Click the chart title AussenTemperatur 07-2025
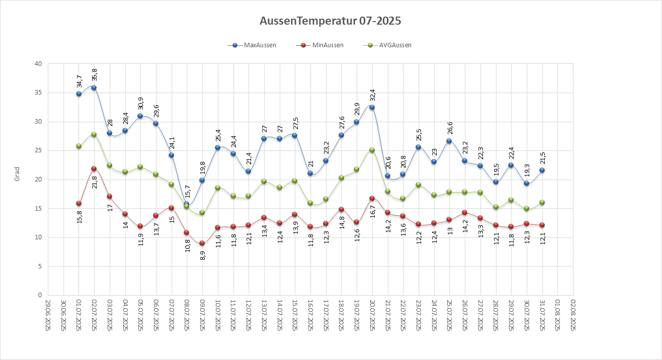coord(330,21)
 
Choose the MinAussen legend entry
coord(327,45)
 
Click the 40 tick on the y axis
coord(38,64)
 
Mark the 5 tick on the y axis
coord(40,266)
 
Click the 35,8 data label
coord(95,74)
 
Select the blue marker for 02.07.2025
coord(94,87)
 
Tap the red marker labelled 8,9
coord(202,243)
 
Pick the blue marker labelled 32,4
coord(372,107)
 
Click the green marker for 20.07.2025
coord(372,150)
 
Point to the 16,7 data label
coord(373,216)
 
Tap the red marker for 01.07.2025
coord(78,203)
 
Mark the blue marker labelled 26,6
coord(449,141)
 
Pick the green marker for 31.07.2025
coord(542,202)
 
